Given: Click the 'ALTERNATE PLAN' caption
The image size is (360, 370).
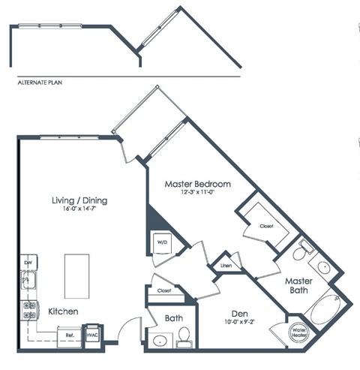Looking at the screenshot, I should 37,83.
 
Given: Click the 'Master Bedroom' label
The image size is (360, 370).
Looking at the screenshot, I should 198,184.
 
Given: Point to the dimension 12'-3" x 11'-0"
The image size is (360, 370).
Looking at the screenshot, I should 198,194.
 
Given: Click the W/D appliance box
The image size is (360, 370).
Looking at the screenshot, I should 162,242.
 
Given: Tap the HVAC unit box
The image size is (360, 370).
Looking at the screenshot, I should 92,335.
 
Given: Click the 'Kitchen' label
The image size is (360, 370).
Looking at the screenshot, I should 64,311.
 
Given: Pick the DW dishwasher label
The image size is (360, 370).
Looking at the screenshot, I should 28,263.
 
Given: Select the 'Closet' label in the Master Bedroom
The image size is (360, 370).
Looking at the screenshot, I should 267,225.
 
